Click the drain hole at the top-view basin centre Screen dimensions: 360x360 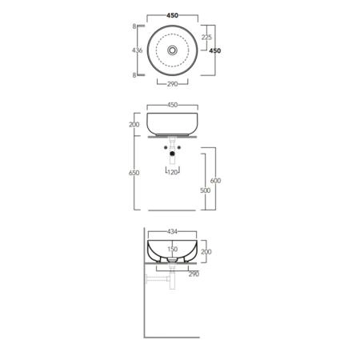172,50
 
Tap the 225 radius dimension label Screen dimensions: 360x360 206,37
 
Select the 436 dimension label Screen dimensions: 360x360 137,50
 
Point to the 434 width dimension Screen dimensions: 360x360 172,231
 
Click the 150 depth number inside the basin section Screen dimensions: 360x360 172,249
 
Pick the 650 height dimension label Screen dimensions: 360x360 134,173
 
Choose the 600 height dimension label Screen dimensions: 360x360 215,181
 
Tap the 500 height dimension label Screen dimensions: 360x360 205,190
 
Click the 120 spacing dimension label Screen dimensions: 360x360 173,172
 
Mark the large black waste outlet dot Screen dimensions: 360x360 172,154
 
